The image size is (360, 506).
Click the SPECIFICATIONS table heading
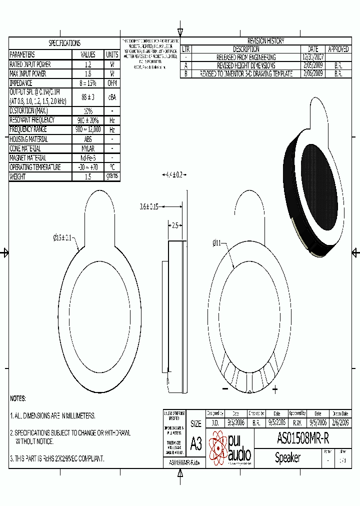64,43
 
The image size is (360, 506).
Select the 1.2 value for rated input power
88,64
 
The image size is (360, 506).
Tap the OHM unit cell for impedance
112,83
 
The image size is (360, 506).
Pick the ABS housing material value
88,139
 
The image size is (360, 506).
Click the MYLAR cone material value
88,148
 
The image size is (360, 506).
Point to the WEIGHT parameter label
20,176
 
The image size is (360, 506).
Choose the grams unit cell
112,176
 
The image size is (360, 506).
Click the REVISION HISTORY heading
265,41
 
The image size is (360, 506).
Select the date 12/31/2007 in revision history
313,57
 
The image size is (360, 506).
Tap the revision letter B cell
185,73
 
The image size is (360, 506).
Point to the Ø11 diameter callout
217,243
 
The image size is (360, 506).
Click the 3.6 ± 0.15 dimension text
148,206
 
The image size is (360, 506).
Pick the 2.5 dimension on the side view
174,225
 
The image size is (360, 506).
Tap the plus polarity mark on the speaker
275,389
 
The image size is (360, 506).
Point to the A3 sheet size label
196,443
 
